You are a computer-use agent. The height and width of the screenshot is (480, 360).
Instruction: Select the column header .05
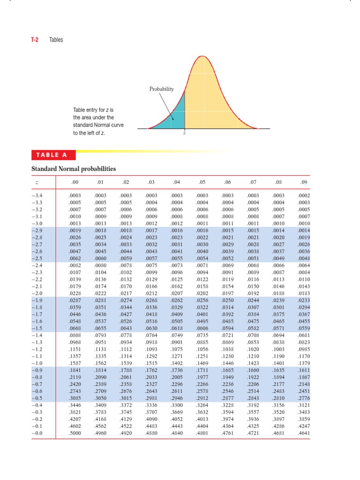pos(202,181)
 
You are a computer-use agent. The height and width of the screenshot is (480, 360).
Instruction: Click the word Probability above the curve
pos(162,89)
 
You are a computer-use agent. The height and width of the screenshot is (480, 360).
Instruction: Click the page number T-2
pos(35,40)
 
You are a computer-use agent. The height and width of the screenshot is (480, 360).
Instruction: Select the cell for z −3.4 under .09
pos(304,195)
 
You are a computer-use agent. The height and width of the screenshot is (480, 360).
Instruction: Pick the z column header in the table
pos(37,181)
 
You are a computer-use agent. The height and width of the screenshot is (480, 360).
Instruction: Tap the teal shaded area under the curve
pos(173,117)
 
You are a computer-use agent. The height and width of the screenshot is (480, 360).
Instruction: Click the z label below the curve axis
pos(184,133)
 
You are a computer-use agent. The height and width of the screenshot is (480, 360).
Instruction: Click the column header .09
pos(304,181)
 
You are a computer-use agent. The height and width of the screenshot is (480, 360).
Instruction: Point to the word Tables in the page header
pos(56,40)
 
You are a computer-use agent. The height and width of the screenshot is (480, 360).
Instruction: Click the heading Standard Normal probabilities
pos(74,168)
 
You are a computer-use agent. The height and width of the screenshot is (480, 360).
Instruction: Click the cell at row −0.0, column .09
pos(304,433)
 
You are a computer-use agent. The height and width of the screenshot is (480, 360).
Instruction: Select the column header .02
pos(125,181)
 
